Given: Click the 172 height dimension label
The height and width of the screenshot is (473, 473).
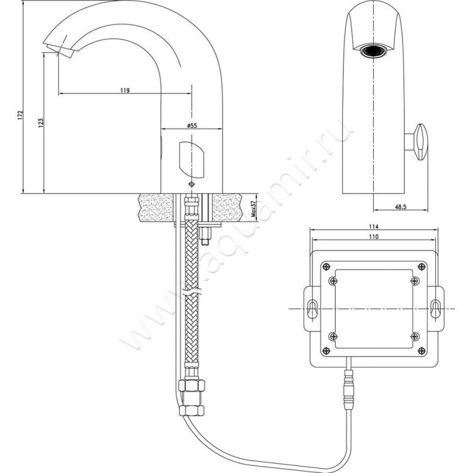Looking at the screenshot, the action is coord(20,115).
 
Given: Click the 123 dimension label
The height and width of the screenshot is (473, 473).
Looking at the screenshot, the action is coord(41,123).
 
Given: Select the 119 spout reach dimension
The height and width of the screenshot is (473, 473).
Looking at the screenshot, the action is coord(125,90).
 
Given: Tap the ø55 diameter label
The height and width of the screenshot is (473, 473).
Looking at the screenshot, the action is coord(192,125).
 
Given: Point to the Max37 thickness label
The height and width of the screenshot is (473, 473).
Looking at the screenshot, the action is coord(254,209).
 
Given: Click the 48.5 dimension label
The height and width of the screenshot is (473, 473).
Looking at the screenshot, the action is coord(401,206).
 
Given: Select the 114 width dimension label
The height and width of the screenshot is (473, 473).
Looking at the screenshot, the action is coord(374,226).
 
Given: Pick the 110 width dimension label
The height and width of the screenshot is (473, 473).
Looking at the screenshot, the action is coord(374,237).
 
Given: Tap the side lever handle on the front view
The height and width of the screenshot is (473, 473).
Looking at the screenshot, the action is coord(421,142).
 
